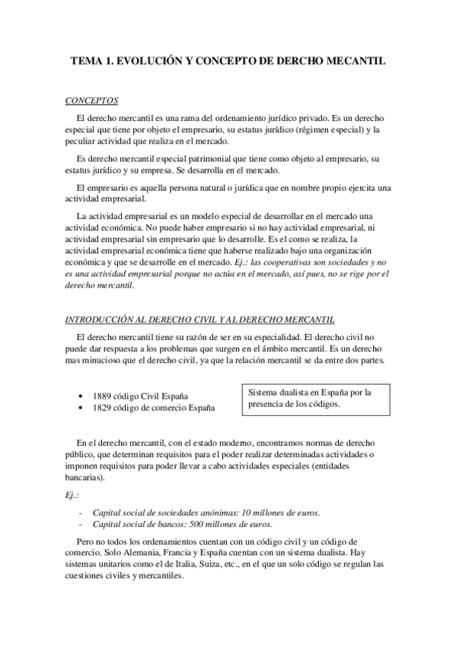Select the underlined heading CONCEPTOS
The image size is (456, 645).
(x=91, y=100)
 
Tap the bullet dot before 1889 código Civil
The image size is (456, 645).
(x=81, y=397)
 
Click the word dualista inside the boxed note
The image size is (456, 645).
(x=296, y=392)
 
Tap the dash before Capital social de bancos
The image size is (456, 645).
(x=81, y=525)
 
